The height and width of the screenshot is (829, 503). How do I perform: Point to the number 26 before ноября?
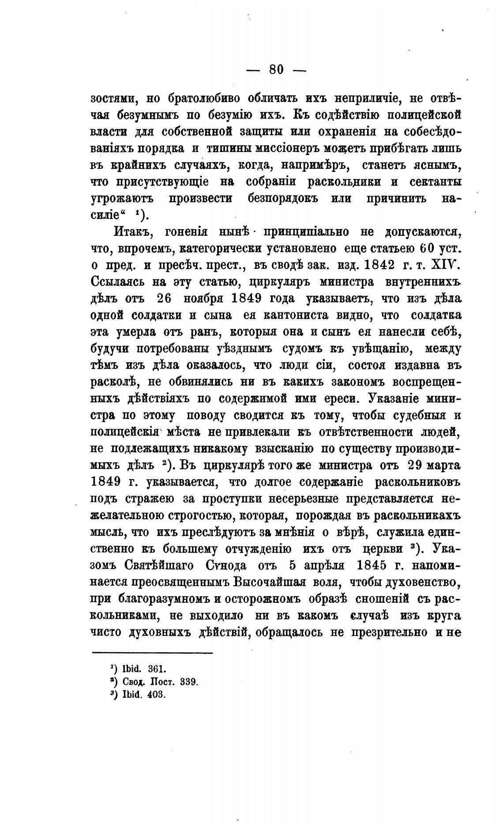click(x=163, y=298)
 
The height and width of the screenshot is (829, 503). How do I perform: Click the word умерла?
click(x=142, y=332)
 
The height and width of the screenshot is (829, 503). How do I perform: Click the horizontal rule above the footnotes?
click(x=152, y=653)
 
